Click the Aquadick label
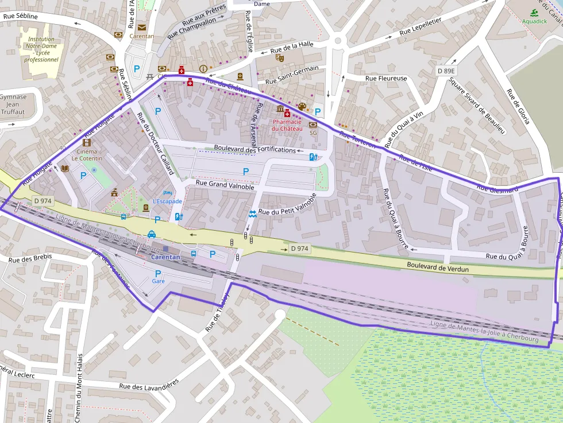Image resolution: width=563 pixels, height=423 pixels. coord(534,21)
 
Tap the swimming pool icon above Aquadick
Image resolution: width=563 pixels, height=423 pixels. coord(534,13)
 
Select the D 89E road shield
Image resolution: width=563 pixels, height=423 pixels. coord(445,71)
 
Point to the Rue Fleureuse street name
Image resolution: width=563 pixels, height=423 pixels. coord(386,79)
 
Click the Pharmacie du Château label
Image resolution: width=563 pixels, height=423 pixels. coord(287,125)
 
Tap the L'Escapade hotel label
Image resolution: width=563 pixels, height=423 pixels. coord(167,201)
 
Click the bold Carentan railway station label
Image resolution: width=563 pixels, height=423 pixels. coord(165,257)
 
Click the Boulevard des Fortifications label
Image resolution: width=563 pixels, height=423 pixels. coord(254,149)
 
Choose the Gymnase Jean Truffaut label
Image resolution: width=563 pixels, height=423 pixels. coord(13,104)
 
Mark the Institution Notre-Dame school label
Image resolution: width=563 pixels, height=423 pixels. coord(41,49)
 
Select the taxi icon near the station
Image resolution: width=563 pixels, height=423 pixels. coord(151,234)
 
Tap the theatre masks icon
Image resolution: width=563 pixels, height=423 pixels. coord(280,57)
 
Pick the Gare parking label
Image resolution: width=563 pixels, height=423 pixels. coord(158,281)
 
